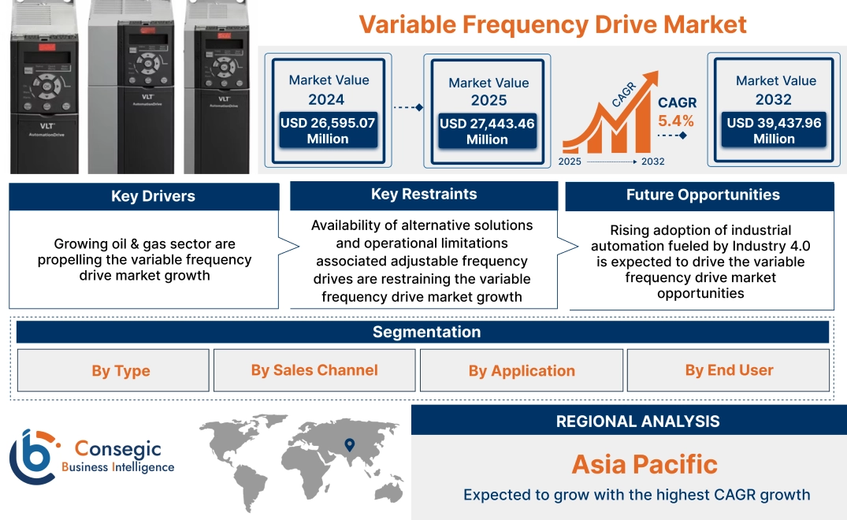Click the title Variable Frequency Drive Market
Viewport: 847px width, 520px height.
coord(552,24)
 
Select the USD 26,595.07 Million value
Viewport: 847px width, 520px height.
coord(327,131)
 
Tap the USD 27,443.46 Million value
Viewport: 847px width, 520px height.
coord(486,132)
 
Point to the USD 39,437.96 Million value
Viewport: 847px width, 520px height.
coord(774,131)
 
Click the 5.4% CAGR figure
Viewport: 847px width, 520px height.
coord(676,121)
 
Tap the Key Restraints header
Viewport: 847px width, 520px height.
coord(424,195)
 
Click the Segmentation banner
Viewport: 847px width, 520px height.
coord(426,332)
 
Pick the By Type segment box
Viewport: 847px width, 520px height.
coord(121,370)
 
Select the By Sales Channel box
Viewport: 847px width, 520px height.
coord(314,370)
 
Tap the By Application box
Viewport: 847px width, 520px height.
coord(522,370)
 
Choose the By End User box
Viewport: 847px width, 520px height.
coord(729,370)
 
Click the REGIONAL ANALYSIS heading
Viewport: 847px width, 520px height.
coord(637,422)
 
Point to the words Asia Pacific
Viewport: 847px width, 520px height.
coord(645,463)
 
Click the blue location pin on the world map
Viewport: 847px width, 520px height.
coord(350,446)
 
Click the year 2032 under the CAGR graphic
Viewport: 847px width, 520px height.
coord(652,162)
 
